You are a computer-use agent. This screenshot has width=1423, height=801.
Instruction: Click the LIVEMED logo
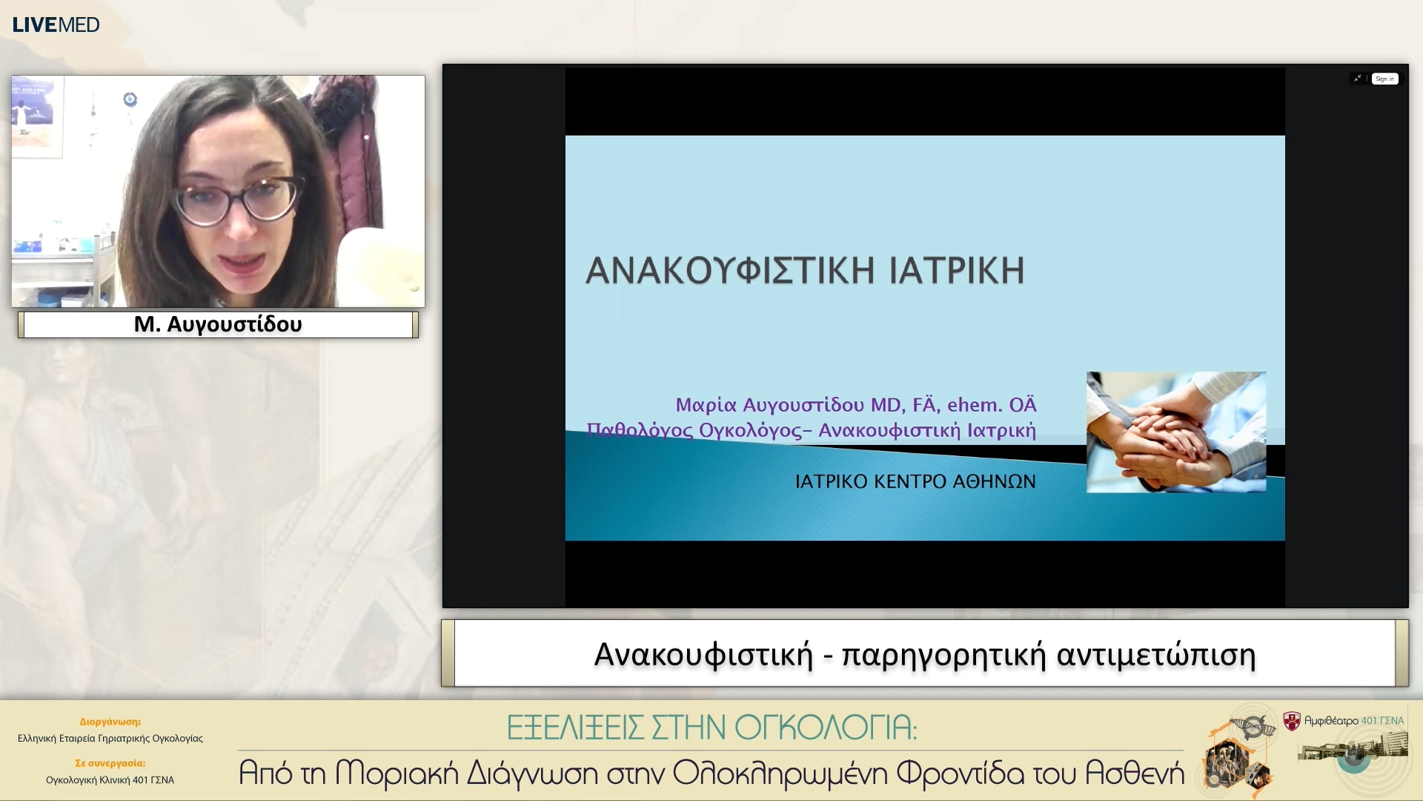[56, 24]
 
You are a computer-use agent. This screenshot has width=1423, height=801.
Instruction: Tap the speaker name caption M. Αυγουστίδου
[218, 324]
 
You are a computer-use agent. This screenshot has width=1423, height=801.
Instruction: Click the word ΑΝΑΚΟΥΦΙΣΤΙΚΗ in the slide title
[730, 271]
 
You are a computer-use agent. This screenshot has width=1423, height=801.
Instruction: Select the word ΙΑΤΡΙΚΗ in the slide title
[957, 271]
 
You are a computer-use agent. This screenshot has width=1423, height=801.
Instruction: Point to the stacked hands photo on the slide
[1176, 432]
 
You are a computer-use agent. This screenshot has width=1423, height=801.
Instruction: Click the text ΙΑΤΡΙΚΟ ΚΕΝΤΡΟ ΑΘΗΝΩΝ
[915, 481]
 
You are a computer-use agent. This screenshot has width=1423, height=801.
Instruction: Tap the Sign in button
[1384, 79]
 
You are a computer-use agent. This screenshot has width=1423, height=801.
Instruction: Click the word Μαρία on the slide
[706, 405]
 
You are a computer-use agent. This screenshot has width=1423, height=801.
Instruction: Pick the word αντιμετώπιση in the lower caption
[1155, 655]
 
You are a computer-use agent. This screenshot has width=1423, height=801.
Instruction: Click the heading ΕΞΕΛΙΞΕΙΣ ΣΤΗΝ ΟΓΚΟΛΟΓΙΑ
[711, 728]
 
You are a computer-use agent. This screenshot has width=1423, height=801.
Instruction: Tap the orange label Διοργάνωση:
[110, 722]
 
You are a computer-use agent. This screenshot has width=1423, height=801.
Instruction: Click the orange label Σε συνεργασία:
[110, 763]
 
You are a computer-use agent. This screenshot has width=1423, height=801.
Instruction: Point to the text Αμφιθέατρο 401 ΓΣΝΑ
[1353, 720]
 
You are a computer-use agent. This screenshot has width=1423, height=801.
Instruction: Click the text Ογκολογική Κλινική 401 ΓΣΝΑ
[110, 780]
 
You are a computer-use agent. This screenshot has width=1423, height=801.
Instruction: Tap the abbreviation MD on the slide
[886, 405]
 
